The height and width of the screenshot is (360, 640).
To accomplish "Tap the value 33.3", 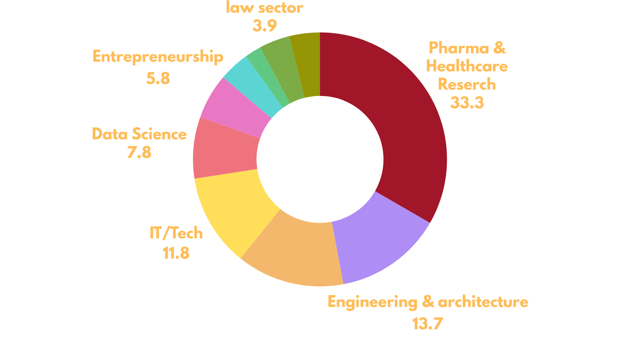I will (467, 103).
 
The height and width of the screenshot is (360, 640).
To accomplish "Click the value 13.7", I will (428, 323).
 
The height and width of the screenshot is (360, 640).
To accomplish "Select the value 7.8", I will (139, 152).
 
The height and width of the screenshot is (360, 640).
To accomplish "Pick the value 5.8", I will (158, 78).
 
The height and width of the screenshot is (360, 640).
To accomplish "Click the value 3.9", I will (265, 26).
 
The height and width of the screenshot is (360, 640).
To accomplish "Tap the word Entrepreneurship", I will (158, 57).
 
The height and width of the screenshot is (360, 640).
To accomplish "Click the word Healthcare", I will (467, 66).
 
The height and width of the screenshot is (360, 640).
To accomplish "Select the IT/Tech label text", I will (176, 233).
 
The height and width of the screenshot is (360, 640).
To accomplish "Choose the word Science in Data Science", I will (159, 134).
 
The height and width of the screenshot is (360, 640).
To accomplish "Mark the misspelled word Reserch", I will (467, 84).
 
